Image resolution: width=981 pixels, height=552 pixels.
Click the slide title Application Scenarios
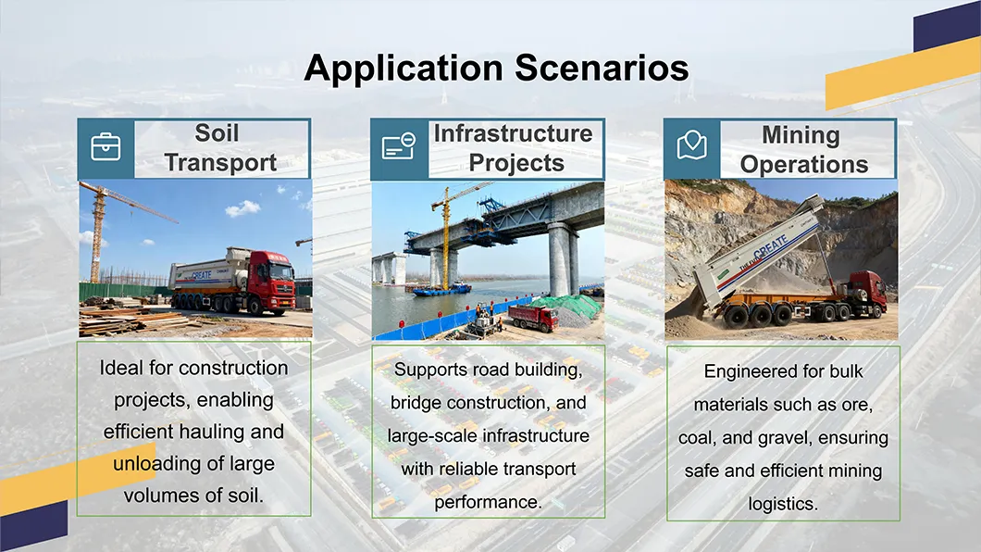tap(496, 69)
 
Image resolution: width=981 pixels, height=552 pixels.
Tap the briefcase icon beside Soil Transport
tap(106, 147)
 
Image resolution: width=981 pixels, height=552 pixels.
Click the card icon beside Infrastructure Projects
tap(399, 147)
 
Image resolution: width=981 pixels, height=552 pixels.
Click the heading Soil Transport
tap(221, 148)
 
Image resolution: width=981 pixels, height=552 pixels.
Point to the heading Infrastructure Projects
tap(514, 148)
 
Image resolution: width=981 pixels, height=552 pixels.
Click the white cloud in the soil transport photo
tap(242, 208)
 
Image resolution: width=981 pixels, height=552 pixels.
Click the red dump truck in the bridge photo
tap(533, 318)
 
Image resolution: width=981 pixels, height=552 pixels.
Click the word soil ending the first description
tap(245, 496)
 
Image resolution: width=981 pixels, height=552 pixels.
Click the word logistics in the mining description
tap(783, 504)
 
